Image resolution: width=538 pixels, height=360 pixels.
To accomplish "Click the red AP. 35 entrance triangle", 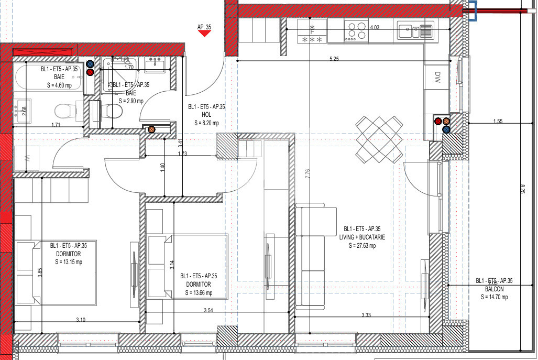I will click(204, 34).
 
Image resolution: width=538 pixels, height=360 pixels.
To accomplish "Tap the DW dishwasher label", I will click(438, 79).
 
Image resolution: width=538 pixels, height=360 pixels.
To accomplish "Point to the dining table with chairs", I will click(379, 139).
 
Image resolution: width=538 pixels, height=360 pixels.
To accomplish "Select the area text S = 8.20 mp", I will click(206, 123).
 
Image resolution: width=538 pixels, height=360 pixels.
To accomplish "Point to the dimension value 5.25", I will click(334, 59).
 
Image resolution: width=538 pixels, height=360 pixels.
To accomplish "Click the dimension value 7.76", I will click(307, 173).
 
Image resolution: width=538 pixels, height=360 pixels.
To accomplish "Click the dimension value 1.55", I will click(497, 122).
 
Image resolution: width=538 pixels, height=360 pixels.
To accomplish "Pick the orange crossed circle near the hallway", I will click(152, 129).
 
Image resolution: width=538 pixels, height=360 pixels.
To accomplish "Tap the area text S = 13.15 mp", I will click(69, 263).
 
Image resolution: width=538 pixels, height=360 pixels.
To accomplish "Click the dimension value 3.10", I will click(81, 320).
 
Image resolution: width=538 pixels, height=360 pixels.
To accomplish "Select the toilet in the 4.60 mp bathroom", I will click(66, 111).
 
